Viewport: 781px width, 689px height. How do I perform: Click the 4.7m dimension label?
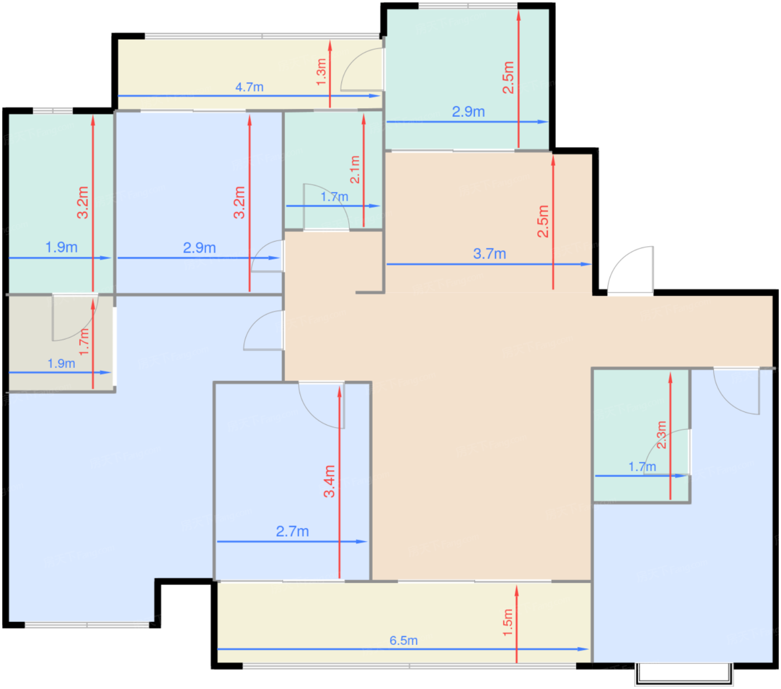(x=249, y=87)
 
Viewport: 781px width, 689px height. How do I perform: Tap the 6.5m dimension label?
(x=403, y=641)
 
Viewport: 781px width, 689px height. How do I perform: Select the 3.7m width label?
(x=489, y=254)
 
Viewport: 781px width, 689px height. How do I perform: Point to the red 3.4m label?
(x=330, y=481)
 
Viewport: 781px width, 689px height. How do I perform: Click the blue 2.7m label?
(x=292, y=532)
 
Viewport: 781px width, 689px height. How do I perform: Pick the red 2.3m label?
(x=661, y=435)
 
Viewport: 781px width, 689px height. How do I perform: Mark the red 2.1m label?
(x=355, y=169)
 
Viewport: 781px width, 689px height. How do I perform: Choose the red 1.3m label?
(x=321, y=72)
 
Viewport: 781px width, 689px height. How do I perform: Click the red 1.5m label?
(x=508, y=623)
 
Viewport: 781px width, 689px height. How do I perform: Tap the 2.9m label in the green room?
(x=468, y=112)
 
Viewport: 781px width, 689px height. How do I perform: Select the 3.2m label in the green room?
(x=83, y=203)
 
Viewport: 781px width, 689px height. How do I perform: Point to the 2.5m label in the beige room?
(x=543, y=222)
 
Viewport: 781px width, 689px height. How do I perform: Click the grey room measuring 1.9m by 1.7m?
(x=61, y=343)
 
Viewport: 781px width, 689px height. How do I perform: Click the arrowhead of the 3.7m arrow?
(x=586, y=264)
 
